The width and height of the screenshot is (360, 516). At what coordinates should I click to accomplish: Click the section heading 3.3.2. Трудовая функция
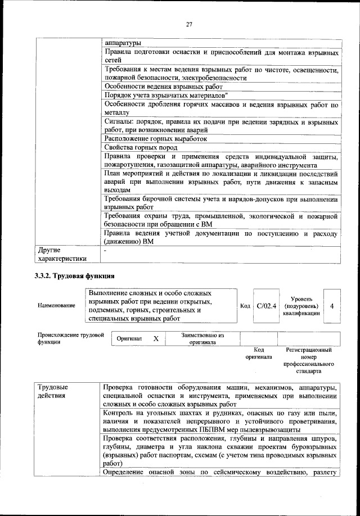tap(75, 276)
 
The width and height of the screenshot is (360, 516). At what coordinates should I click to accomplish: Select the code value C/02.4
tap(263, 306)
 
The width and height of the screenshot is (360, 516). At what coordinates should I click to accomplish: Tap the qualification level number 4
tap(332, 306)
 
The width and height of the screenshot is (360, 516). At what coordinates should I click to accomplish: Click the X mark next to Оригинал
tap(156, 339)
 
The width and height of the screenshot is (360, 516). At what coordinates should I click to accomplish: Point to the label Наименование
tap(56, 305)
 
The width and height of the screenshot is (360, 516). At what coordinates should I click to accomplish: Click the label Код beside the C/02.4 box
tap(245, 306)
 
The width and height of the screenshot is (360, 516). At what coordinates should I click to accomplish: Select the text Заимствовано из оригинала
tap(202, 339)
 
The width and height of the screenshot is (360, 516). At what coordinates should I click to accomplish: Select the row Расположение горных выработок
tap(156, 138)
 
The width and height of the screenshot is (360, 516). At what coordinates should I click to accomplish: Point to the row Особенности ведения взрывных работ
tap(164, 87)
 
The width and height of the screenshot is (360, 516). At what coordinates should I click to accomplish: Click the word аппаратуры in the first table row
tap(123, 43)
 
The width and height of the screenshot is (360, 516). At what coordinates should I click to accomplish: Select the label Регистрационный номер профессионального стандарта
tap(309, 360)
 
